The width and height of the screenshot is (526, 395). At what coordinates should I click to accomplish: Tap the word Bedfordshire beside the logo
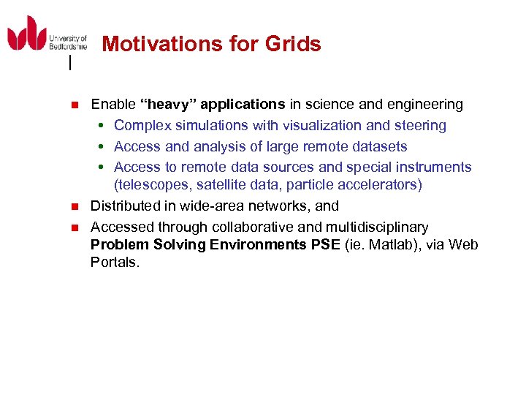tap(68, 46)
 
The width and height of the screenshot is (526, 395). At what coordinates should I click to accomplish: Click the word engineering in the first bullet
tap(424, 105)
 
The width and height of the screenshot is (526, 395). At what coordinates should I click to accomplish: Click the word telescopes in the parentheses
tap(151, 185)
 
